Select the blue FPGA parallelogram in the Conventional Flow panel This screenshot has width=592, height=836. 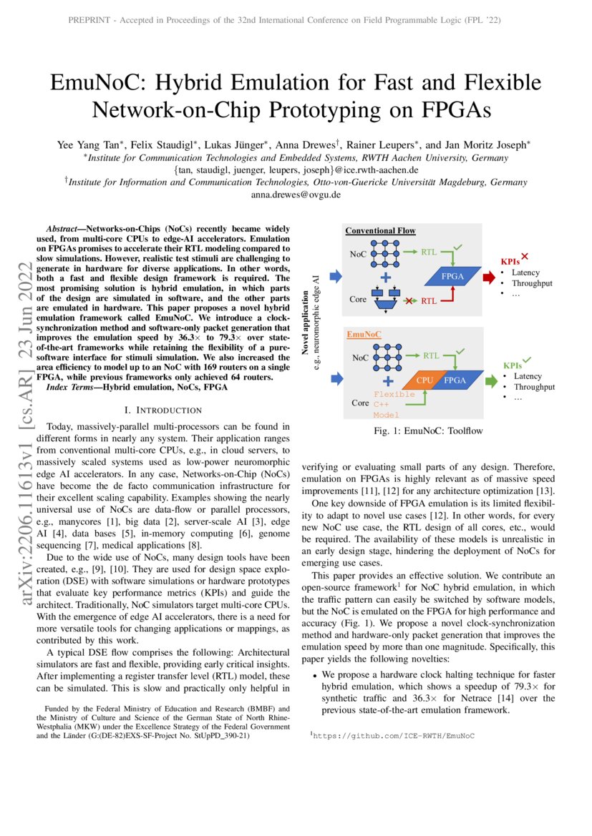(452, 276)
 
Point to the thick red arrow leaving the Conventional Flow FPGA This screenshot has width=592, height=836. (489, 276)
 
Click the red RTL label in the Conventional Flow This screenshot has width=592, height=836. (429, 301)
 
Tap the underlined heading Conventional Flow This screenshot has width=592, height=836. (380, 231)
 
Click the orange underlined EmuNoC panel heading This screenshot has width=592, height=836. (364, 335)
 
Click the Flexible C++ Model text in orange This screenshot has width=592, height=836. (394, 404)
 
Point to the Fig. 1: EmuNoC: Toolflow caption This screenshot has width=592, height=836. (428, 431)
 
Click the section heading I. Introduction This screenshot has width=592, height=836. (163, 410)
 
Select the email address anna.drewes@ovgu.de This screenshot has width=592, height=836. (296, 195)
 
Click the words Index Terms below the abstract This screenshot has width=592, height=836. (73, 387)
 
